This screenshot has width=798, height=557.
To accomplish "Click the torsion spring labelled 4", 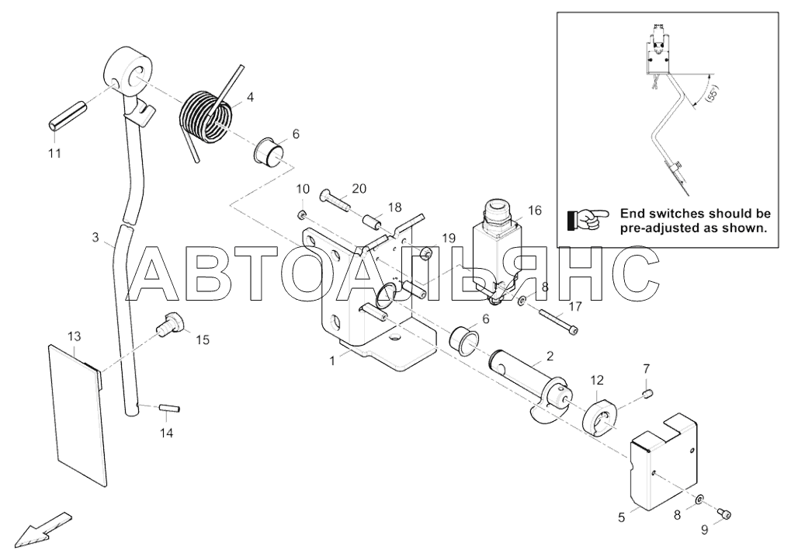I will click(x=206, y=117).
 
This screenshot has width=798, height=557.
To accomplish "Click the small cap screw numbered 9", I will click(x=724, y=513).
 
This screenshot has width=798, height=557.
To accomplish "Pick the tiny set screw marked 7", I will click(x=646, y=396).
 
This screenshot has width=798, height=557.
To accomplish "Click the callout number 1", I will click(x=332, y=360).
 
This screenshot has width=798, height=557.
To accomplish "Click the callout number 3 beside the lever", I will click(x=95, y=238).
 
